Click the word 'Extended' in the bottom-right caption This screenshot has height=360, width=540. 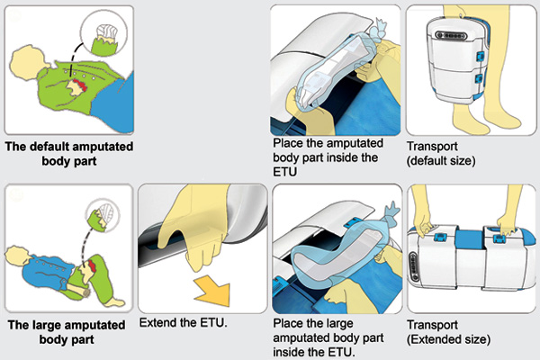click(435, 340)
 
